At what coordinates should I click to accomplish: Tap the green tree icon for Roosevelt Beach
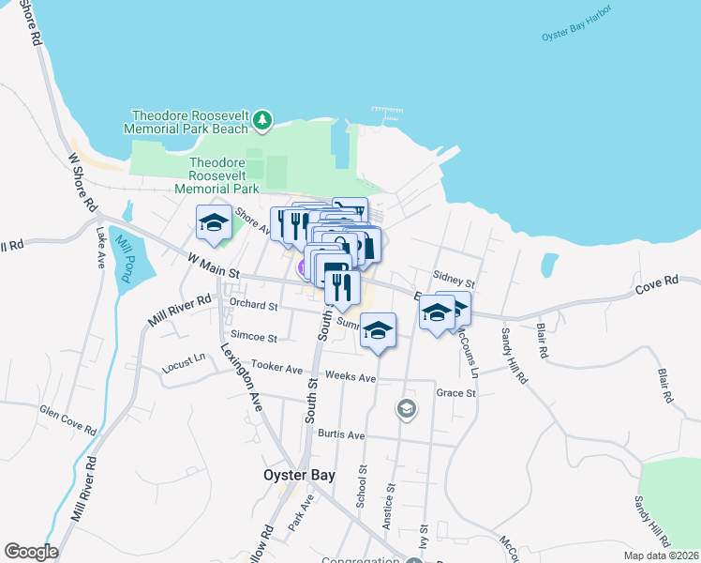point(263,120)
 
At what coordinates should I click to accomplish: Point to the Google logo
point(31,552)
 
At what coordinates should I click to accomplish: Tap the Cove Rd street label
point(656,282)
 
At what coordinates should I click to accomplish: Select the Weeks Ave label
point(350,377)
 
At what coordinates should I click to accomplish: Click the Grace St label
point(456,393)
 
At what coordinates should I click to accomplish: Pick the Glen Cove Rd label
point(67,419)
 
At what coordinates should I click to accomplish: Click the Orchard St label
point(254,306)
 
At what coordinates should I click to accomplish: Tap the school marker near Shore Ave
point(214,222)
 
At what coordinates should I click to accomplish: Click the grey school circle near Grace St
point(406,407)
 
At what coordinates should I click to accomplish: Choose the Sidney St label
point(455,280)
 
